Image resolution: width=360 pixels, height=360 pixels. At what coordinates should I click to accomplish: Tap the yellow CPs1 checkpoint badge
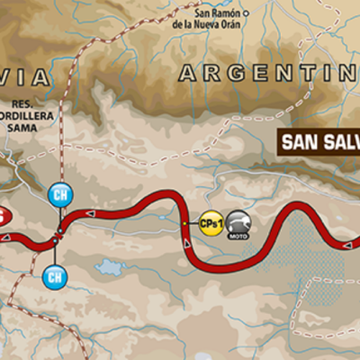211,222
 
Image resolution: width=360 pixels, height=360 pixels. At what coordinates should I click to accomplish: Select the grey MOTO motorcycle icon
238,222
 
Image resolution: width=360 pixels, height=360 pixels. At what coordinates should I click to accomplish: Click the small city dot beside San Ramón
245,13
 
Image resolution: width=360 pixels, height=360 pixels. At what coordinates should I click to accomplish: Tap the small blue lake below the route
112,266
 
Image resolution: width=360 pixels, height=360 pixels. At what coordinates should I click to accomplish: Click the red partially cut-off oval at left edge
4,216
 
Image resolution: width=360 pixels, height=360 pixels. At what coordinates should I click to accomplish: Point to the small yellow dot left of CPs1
184,222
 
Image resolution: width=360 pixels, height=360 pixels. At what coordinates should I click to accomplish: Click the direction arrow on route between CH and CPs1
91,213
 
